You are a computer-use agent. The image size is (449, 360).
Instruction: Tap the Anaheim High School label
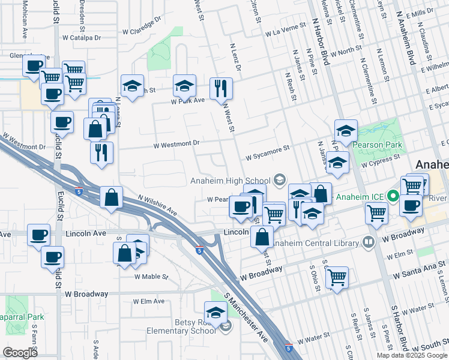tap(230, 181)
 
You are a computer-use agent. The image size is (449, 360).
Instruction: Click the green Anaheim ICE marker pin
tap(394, 196)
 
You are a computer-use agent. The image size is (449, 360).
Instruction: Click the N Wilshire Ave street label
tap(157, 205)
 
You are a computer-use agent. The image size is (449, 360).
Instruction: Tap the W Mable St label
tap(151, 277)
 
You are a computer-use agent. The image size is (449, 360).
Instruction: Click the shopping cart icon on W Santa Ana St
tap(337, 277)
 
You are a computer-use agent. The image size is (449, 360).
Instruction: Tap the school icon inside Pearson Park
tap(346, 130)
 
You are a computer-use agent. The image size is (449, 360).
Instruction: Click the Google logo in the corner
tap(19, 353)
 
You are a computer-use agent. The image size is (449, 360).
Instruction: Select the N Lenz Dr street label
tap(235, 58)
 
